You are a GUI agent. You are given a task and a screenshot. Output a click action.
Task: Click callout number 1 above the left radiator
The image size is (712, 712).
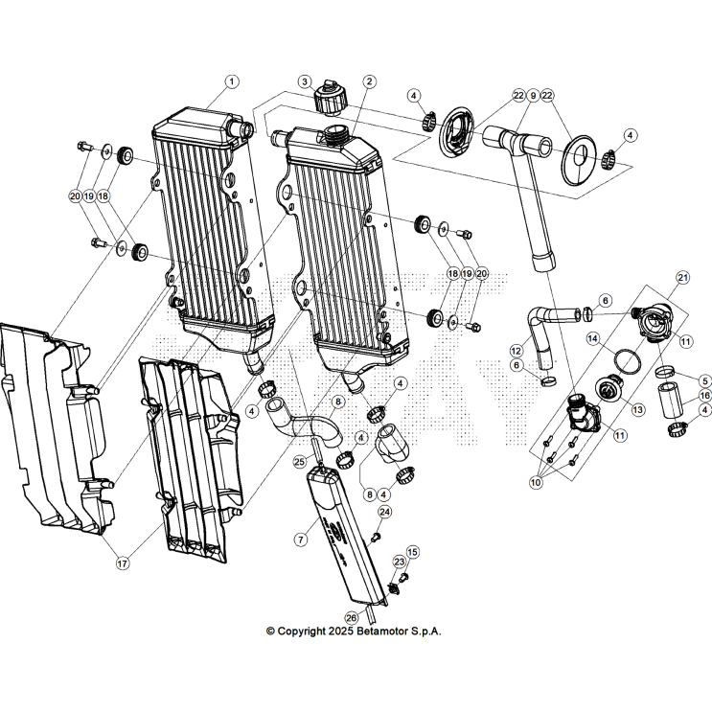pos(231,81)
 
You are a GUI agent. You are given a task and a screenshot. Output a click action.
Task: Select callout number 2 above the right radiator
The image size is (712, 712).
pos(369,81)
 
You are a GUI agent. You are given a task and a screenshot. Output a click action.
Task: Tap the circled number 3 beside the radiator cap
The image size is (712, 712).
pos(304,81)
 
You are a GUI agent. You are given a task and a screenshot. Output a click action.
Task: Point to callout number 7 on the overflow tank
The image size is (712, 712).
pos(301,540)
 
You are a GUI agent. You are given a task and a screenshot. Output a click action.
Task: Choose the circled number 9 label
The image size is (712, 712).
pos(533,96)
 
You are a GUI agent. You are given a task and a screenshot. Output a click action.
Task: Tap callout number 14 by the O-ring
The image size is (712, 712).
pos(592,338)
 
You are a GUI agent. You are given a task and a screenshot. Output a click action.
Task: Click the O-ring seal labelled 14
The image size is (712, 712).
pos(628,360)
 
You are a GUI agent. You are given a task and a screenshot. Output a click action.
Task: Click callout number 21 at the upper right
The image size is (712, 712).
pos(683,277)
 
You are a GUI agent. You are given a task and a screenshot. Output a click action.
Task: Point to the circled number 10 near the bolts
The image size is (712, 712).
pos(534,481)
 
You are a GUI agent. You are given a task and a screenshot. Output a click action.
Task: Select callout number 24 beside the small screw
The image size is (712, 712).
pos(385,512)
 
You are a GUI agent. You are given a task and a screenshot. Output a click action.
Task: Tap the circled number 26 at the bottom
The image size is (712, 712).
pos(351,617)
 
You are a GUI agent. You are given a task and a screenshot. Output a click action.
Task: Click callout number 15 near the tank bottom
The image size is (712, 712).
pos(413,552)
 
